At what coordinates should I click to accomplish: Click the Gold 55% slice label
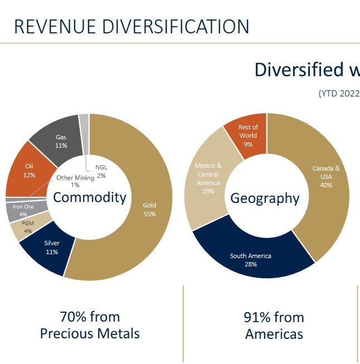coord(149,209)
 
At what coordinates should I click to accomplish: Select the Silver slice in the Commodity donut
coord(51,247)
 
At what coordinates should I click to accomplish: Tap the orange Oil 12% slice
coord(30,170)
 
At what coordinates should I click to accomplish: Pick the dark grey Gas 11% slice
coord(61,141)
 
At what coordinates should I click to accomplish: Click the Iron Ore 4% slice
coord(23,210)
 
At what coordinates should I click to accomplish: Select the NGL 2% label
coord(101,171)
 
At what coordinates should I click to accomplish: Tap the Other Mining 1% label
coord(75,181)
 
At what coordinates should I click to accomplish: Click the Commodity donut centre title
coord(90,197)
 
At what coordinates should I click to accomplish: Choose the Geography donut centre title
coord(265,198)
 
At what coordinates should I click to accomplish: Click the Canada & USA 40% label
coord(326,176)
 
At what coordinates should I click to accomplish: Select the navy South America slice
coord(251,260)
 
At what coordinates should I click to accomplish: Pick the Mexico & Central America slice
coord(208,178)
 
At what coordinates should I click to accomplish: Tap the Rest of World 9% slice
coord(248,135)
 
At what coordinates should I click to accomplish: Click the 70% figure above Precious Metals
coord(73,317)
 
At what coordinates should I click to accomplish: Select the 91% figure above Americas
coord(257,317)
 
